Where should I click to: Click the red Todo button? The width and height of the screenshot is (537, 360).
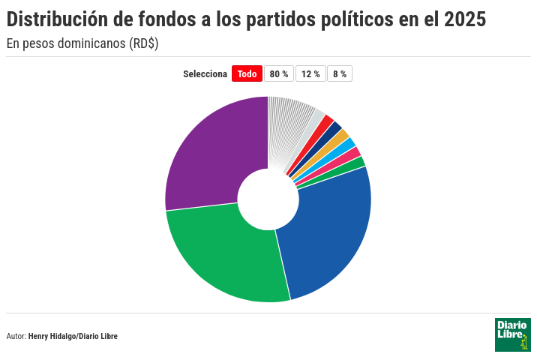tap(247, 73)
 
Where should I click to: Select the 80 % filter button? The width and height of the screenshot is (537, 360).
tap(279, 73)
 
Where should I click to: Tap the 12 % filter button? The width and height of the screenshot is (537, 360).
tap(310, 73)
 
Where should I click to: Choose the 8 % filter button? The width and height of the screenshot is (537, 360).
tap(340, 73)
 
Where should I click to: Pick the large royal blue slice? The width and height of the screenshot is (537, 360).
tap(328, 233)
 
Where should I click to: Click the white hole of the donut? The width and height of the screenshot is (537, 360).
tap(268, 199)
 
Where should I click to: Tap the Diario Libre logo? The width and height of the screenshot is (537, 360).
tap(513, 334)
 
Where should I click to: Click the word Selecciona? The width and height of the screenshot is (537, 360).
tap(205, 74)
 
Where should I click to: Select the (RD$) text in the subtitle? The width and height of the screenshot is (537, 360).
tap(144, 43)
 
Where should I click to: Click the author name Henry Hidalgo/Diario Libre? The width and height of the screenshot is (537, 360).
tap(73, 336)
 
